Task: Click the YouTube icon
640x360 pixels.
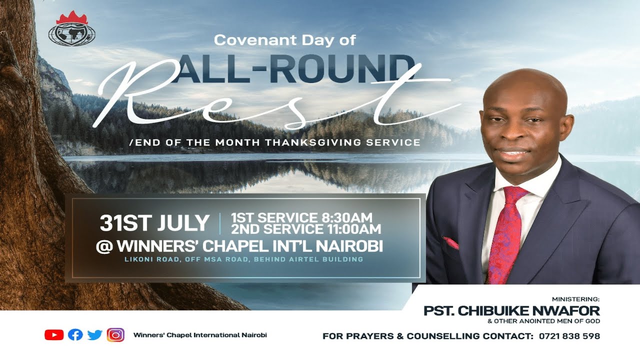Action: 54,335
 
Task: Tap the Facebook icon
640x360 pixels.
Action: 75,335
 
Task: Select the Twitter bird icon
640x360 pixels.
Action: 95,335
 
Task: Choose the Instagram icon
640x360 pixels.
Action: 115,335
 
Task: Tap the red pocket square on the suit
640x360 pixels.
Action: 451,243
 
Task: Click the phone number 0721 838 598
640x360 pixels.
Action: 569,336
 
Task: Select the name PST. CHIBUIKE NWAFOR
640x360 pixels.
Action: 511,311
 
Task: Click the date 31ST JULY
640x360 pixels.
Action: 154,223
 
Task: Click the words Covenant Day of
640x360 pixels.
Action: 284,40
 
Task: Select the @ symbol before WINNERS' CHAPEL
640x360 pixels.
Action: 104,246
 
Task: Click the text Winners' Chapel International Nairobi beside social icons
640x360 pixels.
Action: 200,335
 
